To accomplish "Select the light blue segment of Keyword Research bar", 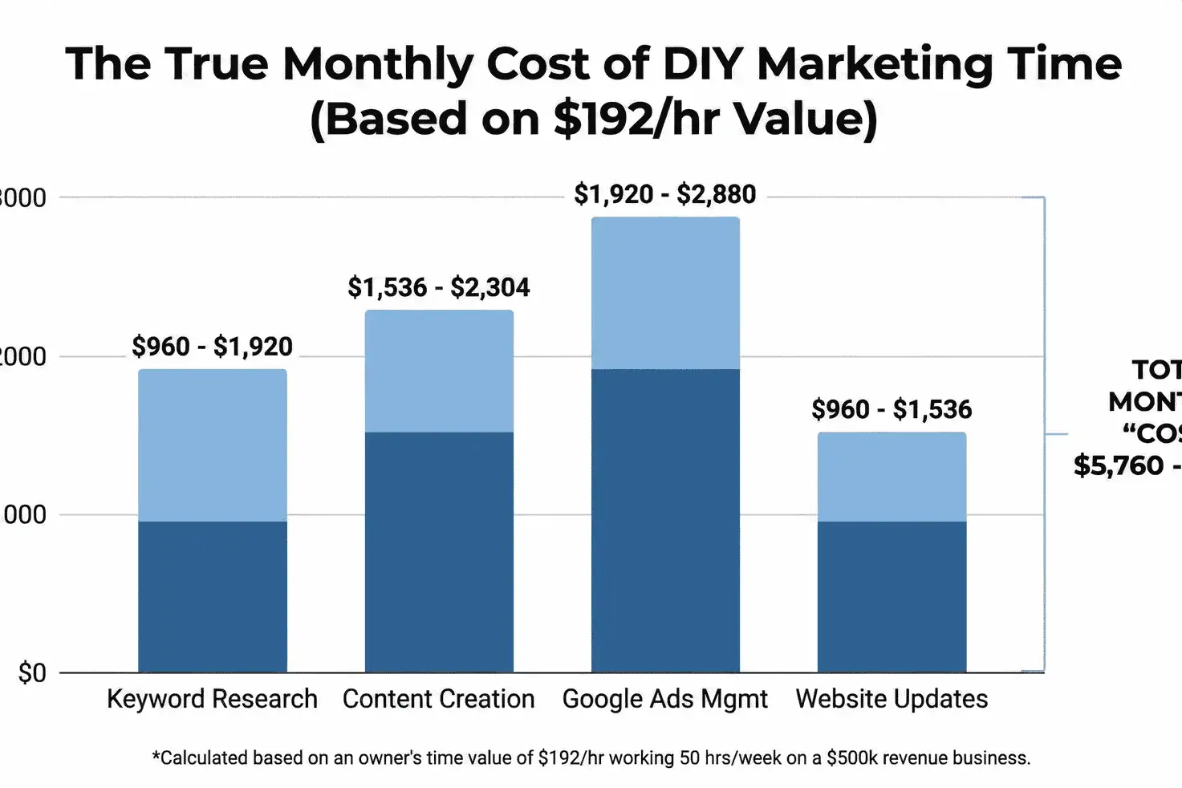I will click(x=213, y=445).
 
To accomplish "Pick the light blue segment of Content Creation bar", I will click(x=439, y=372).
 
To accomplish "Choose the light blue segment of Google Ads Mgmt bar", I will click(x=665, y=294).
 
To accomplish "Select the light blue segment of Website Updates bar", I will click(x=892, y=477).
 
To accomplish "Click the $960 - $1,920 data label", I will click(x=213, y=347).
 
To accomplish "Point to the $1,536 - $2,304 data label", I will click(x=439, y=287).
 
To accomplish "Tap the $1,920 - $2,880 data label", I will click(x=665, y=194).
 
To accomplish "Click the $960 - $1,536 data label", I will click(x=892, y=409).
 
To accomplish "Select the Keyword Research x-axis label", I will click(x=213, y=699).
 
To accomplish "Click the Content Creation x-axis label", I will click(x=439, y=699).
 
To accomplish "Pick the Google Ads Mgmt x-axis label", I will click(x=665, y=699).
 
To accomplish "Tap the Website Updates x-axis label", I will click(x=892, y=699).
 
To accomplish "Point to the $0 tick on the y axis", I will click(x=33, y=672).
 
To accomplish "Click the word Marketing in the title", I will click(x=859, y=64).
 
